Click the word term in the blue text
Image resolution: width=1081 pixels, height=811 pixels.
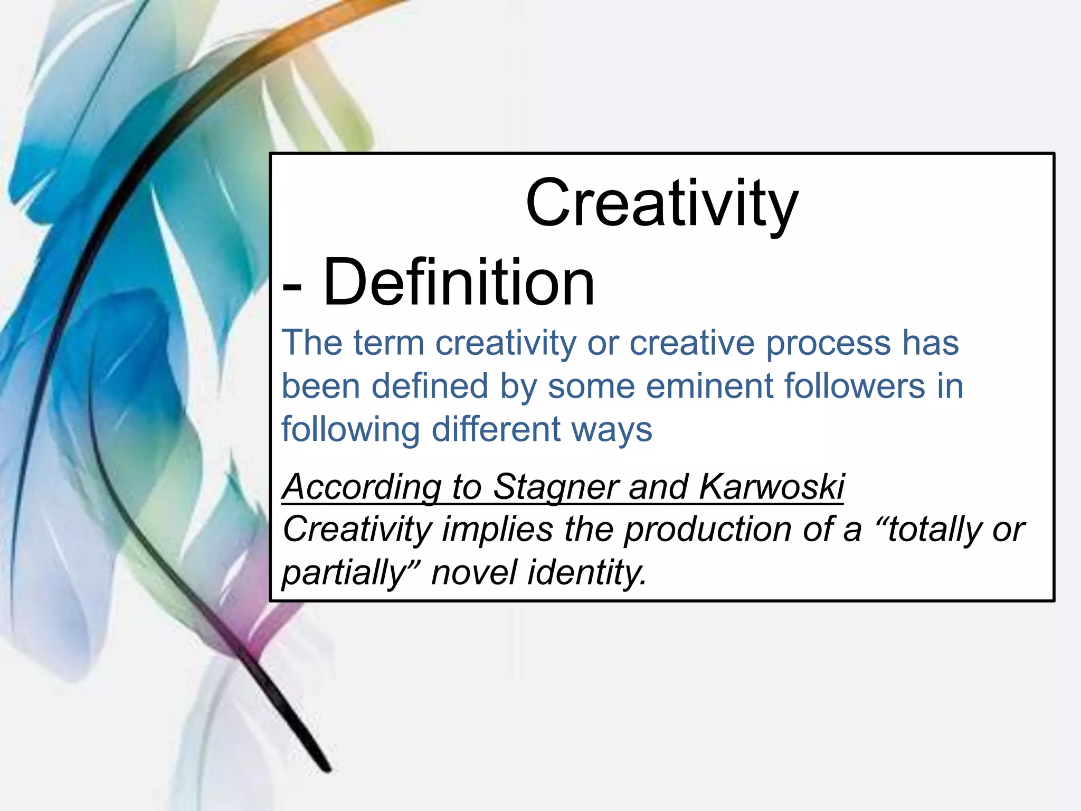(388, 343)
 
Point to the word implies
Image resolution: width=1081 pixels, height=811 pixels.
(498, 530)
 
